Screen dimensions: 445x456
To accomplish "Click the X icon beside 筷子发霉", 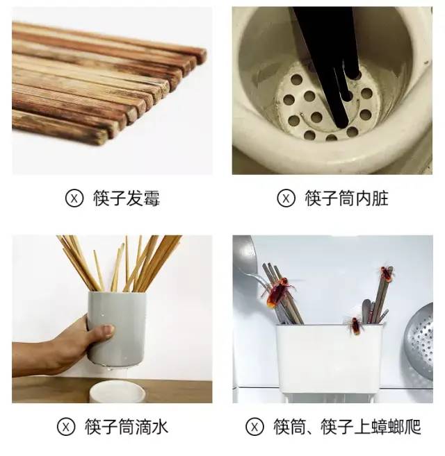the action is pos(74,198).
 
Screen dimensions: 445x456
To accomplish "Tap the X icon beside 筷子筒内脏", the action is pos(286,198).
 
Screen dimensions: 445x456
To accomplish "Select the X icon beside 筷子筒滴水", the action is pos(66,427).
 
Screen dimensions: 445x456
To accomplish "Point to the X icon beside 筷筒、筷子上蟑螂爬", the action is pos(254,427).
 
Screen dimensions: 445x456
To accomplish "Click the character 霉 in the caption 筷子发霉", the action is pos(152,198).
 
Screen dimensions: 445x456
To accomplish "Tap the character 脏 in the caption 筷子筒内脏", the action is pos(380,198).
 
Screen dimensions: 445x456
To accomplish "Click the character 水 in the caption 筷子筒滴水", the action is pos(160,427).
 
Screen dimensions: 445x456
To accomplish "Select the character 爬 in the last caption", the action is pos(412,427).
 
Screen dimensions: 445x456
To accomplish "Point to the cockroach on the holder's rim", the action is pos(355,326).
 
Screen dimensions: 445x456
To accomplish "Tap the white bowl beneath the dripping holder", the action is pos(117,391).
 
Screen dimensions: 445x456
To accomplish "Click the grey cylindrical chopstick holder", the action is pos(117,330).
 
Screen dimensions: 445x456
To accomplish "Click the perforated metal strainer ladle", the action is pos(419,341).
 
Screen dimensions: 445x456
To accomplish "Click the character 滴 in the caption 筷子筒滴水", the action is pos(143,427).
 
